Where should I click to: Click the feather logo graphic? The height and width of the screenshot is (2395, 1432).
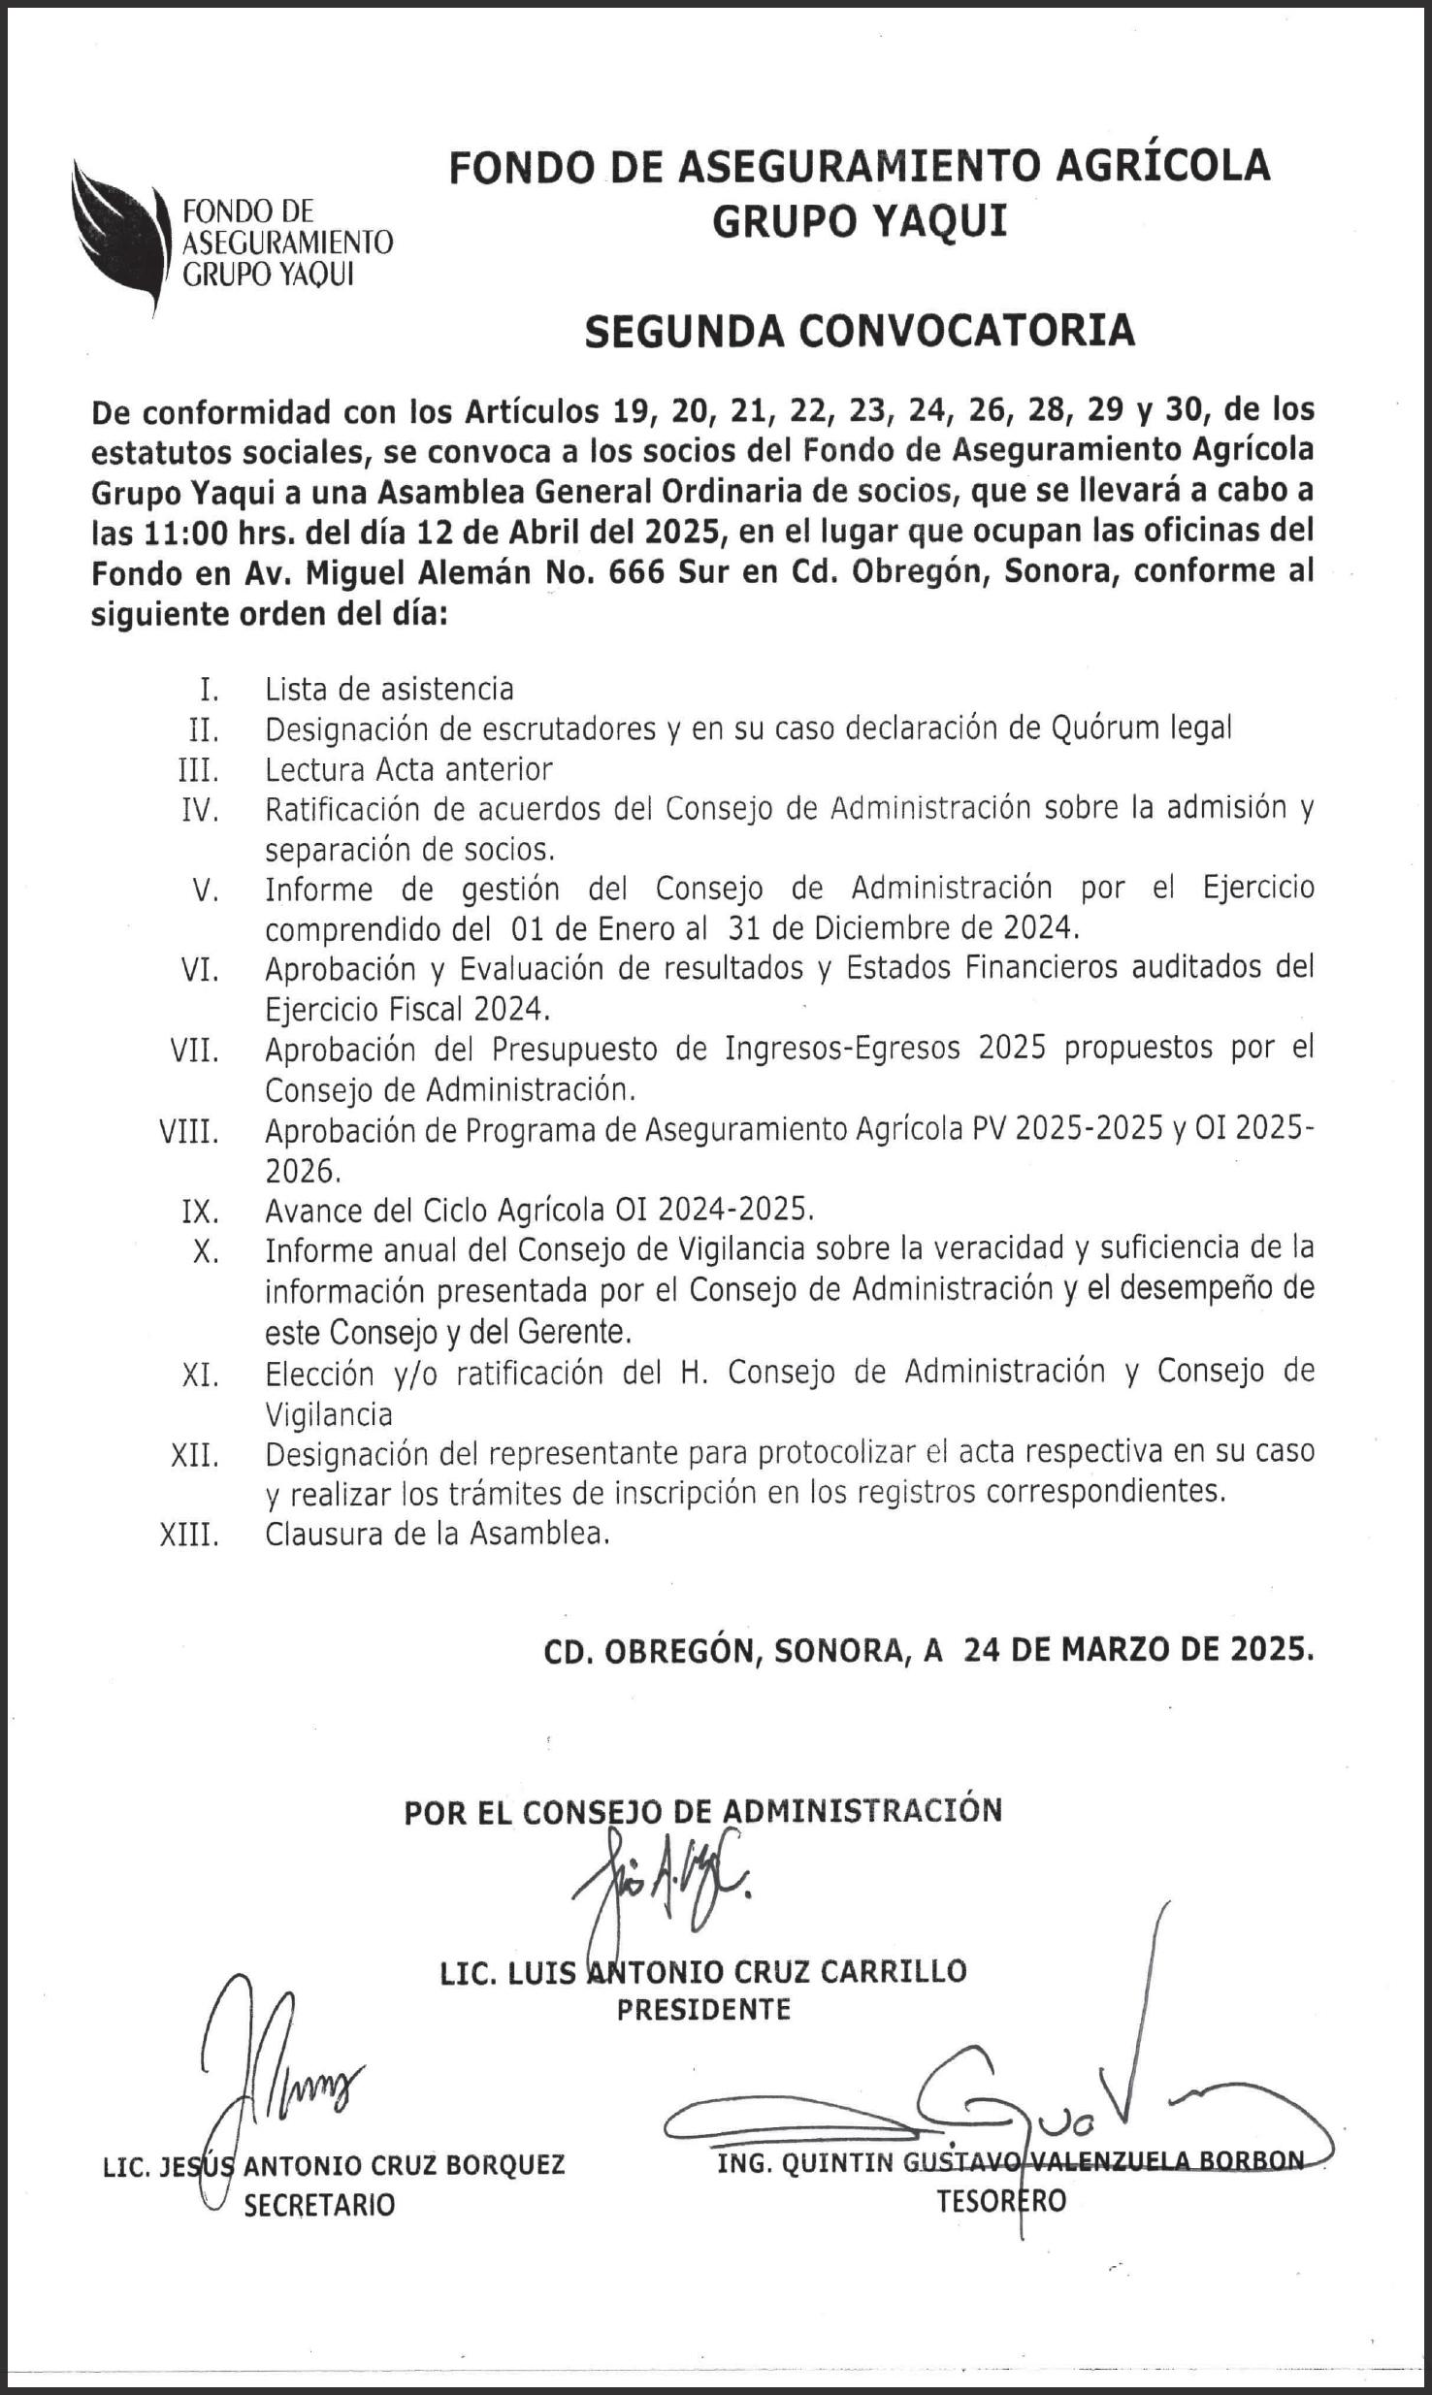[120, 233]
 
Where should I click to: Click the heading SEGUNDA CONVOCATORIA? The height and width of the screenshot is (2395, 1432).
[859, 332]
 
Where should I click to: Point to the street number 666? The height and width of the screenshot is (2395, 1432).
[635, 573]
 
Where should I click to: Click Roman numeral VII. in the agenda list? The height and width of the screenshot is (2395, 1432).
[194, 1051]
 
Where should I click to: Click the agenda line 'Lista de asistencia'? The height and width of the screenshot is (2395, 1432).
[389, 689]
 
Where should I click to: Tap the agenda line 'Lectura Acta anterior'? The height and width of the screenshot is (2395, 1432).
[408, 769]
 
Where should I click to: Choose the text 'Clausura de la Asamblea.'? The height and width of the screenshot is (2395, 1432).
[438, 1535]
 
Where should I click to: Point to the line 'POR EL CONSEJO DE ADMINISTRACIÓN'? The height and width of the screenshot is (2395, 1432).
[702, 1811]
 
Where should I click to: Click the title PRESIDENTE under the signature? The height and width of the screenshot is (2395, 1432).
[703, 2009]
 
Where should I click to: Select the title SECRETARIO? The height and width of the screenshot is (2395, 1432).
[319, 2206]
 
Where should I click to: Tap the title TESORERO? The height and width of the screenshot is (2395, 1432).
[1000, 2201]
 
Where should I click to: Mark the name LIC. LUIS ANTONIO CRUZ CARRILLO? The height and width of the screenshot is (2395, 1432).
[703, 1971]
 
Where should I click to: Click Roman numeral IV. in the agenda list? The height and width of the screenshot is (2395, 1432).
[200, 809]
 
